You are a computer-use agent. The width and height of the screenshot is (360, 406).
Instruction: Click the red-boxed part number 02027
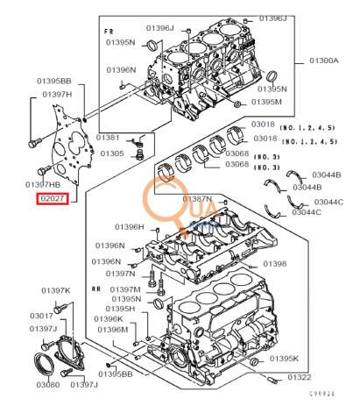tap(50, 199)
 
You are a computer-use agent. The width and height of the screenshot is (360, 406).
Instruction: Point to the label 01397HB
tap(44, 185)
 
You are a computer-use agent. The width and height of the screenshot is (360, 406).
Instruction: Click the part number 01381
tap(109, 138)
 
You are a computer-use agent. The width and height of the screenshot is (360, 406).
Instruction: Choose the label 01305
tap(112, 153)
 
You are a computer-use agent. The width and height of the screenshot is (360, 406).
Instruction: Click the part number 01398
tap(274, 263)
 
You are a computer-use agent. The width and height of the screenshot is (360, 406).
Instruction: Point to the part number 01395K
tap(284, 360)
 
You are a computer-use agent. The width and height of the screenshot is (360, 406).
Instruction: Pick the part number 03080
tap(47, 384)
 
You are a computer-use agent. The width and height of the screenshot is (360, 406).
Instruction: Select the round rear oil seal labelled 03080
tap(43, 363)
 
